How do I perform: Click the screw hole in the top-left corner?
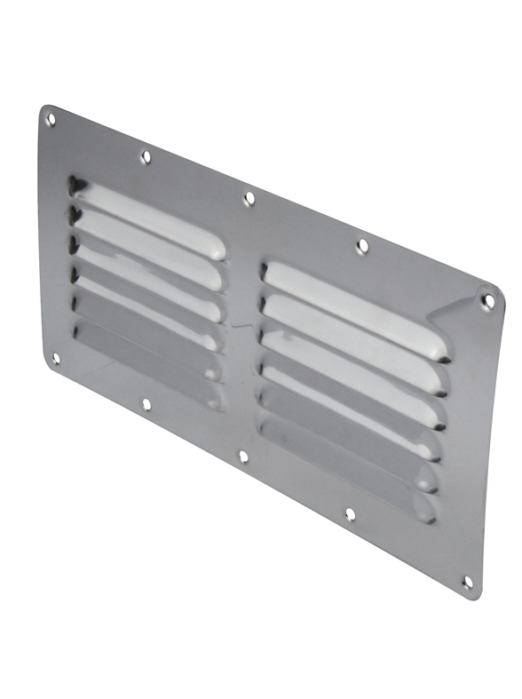coord(51,118)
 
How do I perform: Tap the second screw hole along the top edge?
coord(146,157)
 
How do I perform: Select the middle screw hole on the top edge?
coord(249,199)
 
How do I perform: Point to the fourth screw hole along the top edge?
coord(361,246)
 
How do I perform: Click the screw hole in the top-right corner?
coord(487,301)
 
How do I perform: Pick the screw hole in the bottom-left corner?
coord(55,359)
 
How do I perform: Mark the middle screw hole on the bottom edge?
coord(243,457)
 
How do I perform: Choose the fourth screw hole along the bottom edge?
coord(350,514)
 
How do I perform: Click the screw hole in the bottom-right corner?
coord(468,582)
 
